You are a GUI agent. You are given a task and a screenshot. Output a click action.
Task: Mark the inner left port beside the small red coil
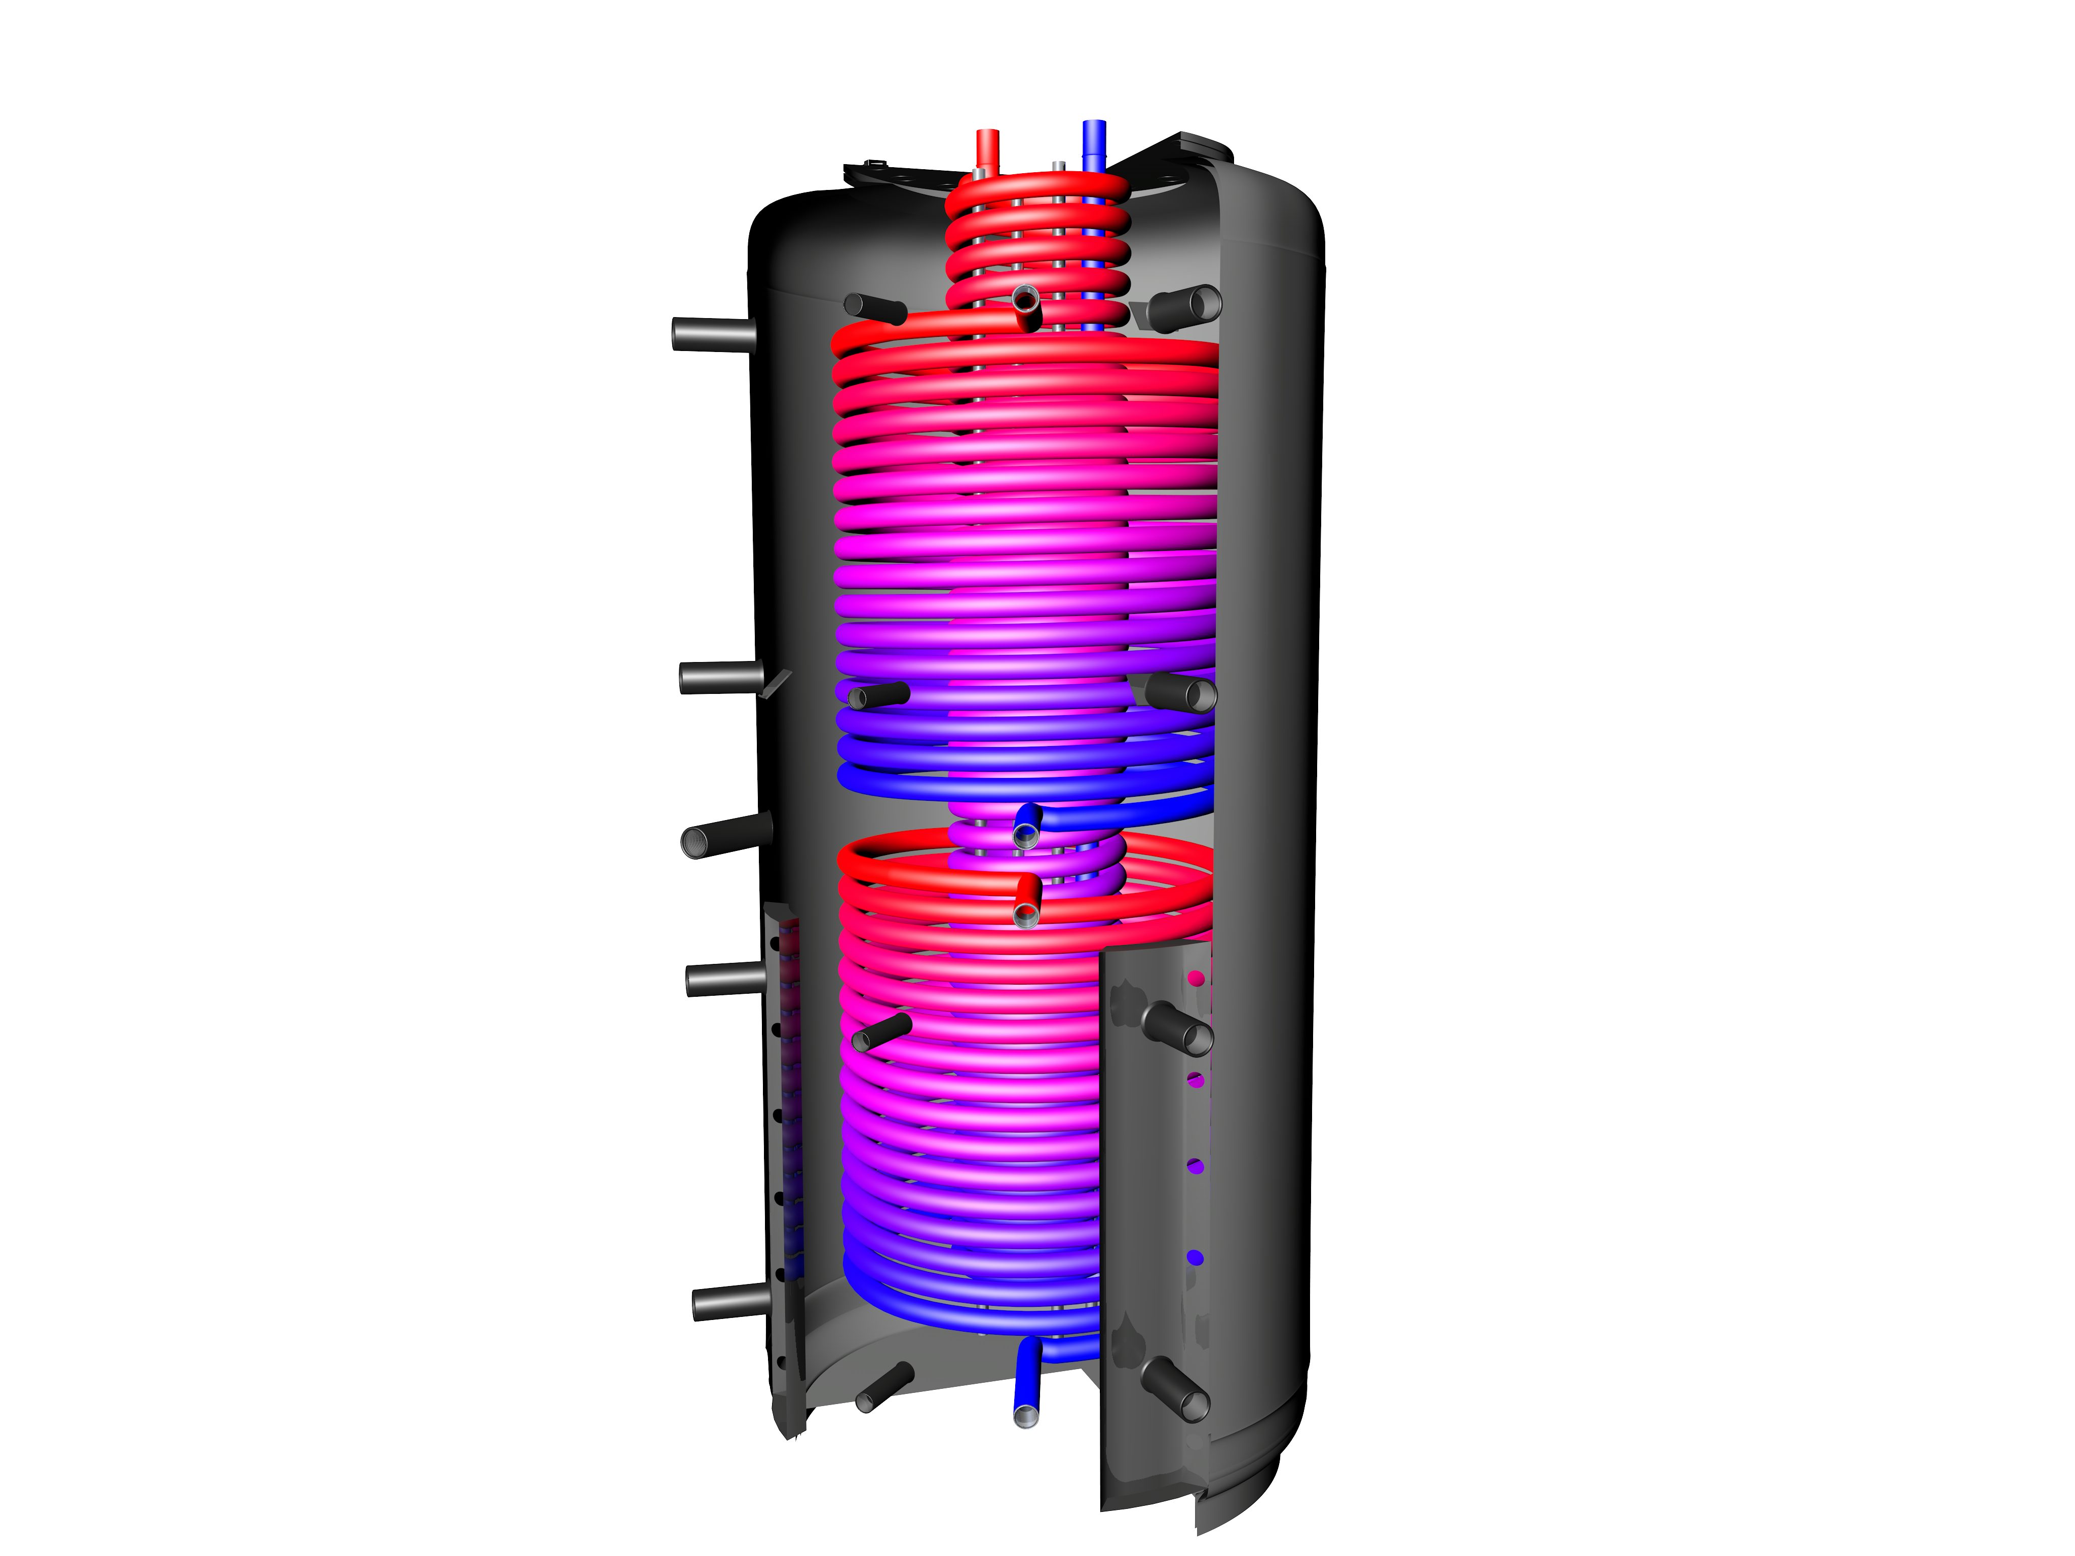tap(872, 307)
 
